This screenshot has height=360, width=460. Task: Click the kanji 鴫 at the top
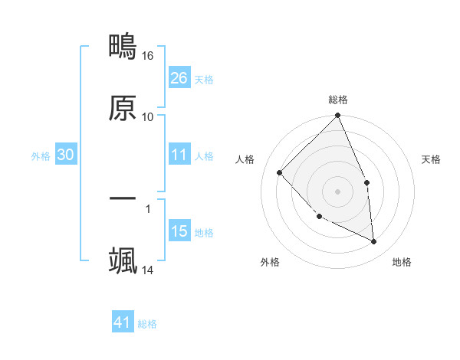123,47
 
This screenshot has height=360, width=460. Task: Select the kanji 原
123,108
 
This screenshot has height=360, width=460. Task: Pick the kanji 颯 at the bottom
123,260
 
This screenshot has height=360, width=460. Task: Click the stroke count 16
148,56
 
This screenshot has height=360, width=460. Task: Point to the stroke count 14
148,270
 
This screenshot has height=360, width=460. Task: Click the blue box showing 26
179,78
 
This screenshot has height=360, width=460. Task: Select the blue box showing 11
179,155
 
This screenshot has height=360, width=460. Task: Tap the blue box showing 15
179,231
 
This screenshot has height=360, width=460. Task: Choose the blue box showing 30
65,155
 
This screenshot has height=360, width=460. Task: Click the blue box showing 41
123,322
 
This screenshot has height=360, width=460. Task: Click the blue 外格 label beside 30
41,156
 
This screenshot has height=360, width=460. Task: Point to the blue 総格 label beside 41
147,324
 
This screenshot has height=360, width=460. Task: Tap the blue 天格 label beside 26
204,80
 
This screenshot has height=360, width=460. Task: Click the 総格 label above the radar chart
338,100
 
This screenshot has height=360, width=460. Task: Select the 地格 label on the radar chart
402,263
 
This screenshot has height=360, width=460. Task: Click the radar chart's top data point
337,116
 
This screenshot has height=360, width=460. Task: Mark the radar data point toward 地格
373,241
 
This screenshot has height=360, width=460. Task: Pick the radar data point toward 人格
280,172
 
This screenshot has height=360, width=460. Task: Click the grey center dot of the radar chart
337,191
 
